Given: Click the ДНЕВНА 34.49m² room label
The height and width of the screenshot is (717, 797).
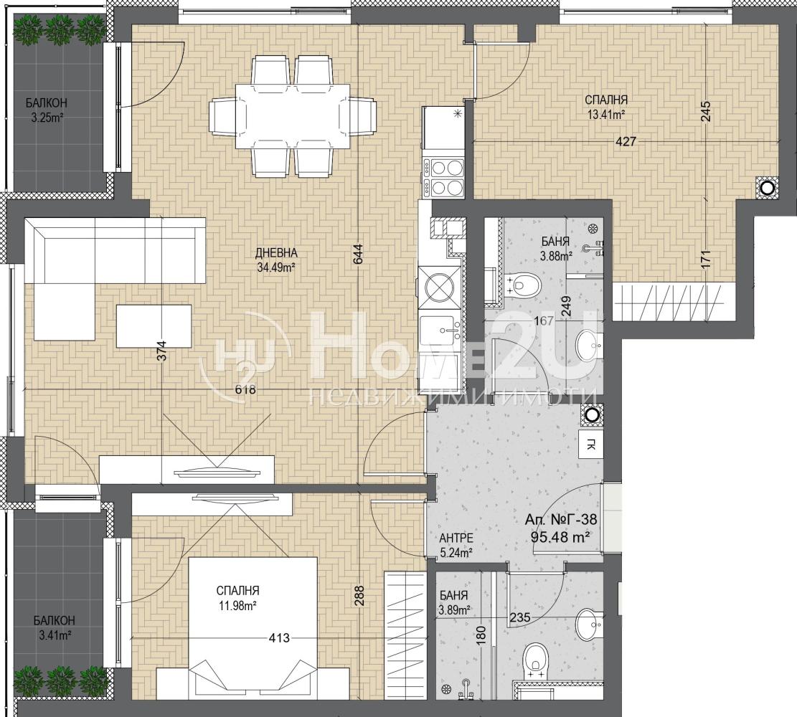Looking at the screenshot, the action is (x=276, y=260).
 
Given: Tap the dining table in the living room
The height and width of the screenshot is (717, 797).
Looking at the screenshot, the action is (x=292, y=115).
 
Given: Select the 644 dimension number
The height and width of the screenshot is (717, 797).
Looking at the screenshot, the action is (x=359, y=254).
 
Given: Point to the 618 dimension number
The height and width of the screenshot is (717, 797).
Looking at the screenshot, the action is (x=245, y=390).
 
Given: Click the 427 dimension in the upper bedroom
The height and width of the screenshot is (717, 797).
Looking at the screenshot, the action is (x=626, y=141).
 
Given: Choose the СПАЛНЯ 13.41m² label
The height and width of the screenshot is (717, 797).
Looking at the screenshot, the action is (x=606, y=108).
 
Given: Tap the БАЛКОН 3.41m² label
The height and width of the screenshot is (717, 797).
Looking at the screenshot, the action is (x=54, y=627).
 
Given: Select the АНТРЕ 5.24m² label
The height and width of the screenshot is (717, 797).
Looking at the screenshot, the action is (x=456, y=545).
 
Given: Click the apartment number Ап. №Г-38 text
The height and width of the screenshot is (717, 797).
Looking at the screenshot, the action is (x=561, y=519).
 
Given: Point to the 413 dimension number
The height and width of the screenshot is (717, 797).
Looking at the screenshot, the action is (x=279, y=637).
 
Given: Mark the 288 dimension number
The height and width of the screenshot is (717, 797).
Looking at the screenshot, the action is (x=359, y=597).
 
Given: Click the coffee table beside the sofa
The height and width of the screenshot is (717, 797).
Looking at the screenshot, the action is (x=154, y=326).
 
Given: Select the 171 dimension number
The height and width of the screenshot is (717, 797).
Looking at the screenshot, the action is (x=705, y=259).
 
